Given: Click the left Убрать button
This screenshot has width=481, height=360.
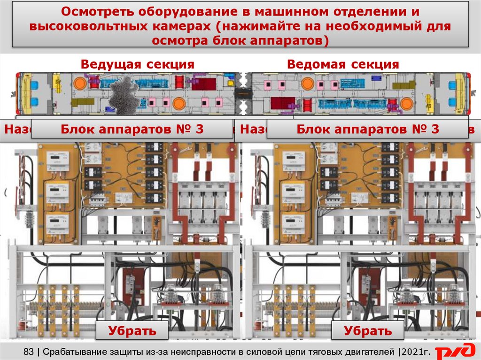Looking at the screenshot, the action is click(132, 330).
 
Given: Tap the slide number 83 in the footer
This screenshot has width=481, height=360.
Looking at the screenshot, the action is click(29, 351).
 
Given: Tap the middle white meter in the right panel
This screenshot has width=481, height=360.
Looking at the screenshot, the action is click(293, 191).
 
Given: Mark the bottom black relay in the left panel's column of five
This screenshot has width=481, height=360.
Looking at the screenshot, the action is click(154, 198).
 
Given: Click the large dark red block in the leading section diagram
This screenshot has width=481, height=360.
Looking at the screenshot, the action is click(203, 84).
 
